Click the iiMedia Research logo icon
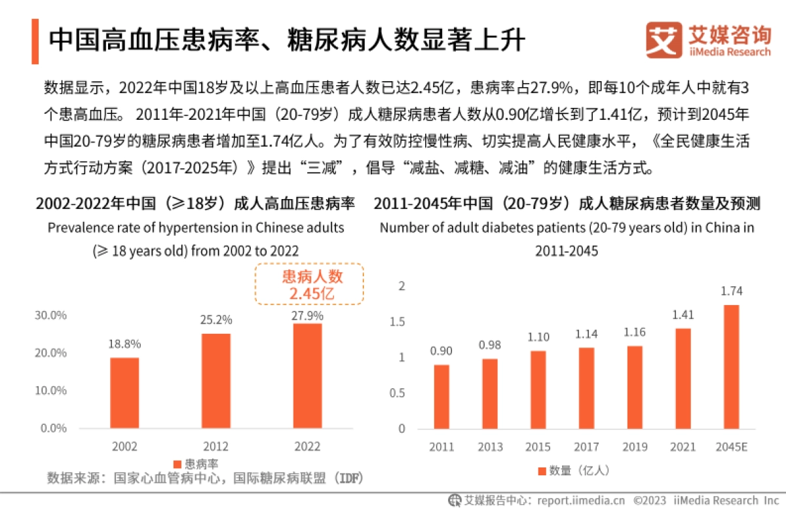[663, 40]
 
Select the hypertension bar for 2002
[124, 393]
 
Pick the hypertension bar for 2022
[307, 376]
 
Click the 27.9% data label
[307, 315]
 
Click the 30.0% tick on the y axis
[51, 315]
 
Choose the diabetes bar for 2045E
[732, 367]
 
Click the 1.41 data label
[683, 315]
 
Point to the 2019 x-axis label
[635, 447]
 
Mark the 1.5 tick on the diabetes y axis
[398, 322]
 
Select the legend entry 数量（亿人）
[574, 470]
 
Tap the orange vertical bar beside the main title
[35, 42]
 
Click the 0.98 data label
[489, 345]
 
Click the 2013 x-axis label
[489, 447]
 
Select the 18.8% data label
[124, 344]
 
